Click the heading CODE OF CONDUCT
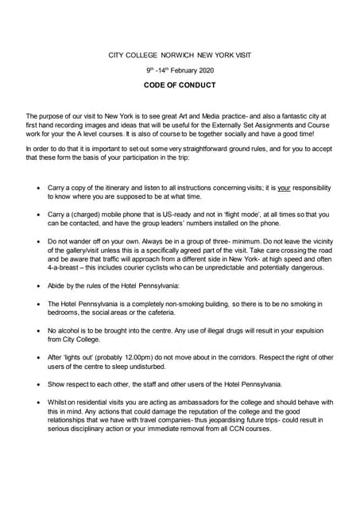coord(180,84)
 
